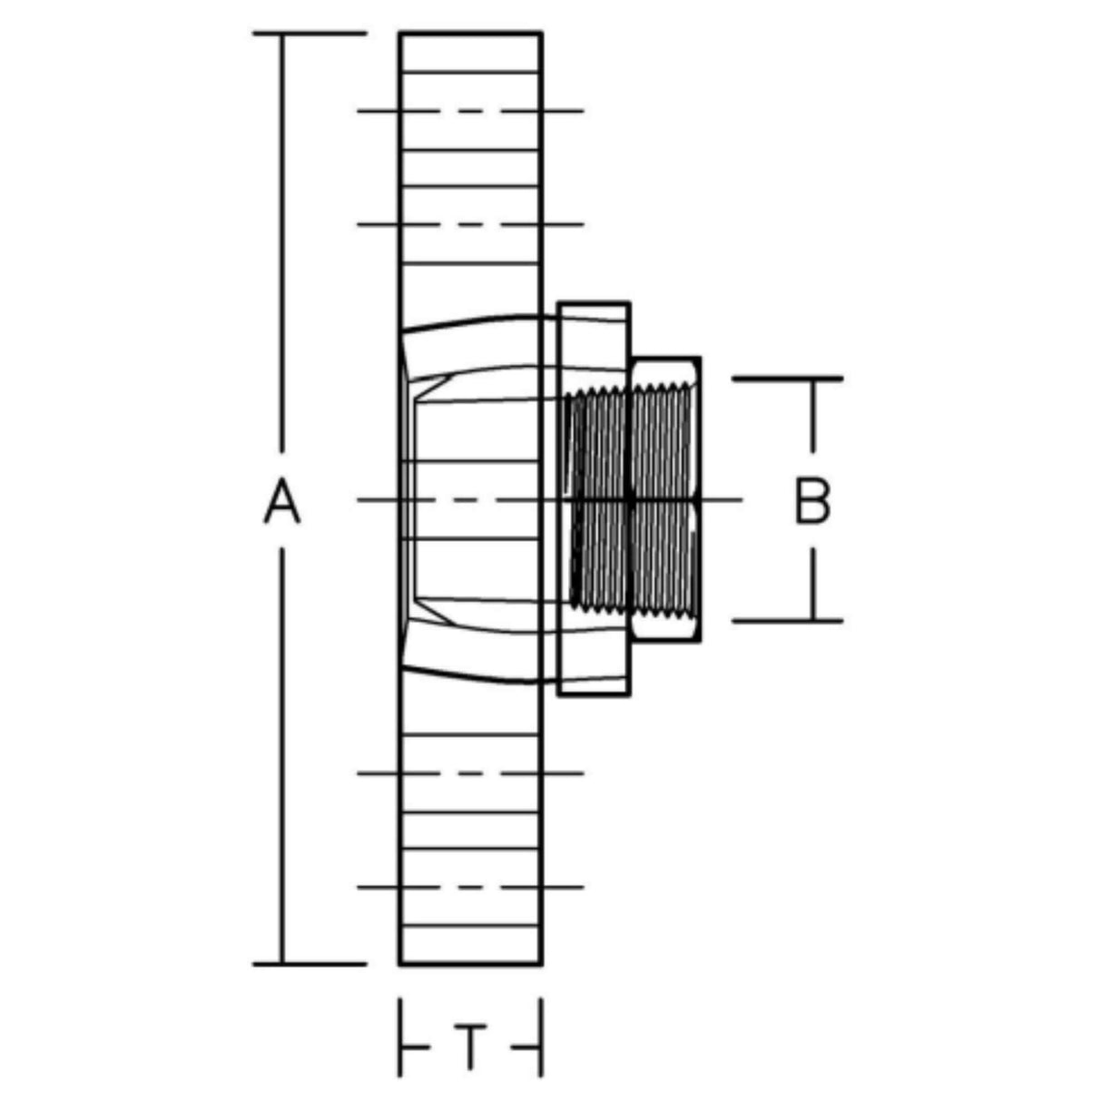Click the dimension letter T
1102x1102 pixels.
coord(470,1047)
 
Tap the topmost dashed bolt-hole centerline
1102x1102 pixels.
coord(470,112)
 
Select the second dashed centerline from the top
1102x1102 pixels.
coord(470,224)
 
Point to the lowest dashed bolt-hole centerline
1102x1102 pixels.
coord(470,886)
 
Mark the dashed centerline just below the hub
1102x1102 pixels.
coord(470,773)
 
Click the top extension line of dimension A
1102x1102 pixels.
coord(309,34)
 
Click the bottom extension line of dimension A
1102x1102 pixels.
coord(309,963)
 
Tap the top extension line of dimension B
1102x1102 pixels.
coord(787,378)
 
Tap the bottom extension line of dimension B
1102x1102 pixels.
coord(787,621)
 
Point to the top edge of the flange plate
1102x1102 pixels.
coord(470,34)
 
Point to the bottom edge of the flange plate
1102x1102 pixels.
coord(470,963)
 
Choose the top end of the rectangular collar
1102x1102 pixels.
coord(593,304)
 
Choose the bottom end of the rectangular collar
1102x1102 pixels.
coord(593,694)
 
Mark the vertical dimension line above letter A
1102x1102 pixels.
coord(282,245)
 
